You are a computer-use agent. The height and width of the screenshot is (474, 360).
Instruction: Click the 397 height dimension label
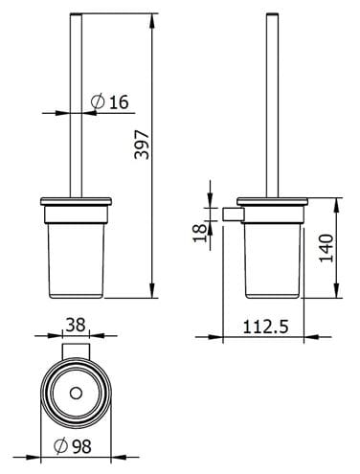[x=142, y=145]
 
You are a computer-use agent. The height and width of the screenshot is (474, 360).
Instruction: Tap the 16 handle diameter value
[x=119, y=102]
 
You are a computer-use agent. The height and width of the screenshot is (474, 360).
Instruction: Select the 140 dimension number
[x=326, y=248]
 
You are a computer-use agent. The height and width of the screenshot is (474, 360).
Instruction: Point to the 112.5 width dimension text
[x=265, y=327]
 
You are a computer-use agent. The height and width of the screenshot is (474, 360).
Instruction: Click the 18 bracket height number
[x=200, y=233]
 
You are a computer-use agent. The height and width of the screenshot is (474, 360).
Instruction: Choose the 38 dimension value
[x=76, y=325]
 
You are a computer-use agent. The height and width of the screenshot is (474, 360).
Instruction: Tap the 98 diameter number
[x=81, y=446]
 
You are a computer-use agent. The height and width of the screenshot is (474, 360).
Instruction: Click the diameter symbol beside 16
[x=98, y=102]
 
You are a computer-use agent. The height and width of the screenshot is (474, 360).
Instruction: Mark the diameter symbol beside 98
[x=60, y=446]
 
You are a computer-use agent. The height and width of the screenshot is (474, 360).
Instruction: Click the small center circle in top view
[x=76, y=393]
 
